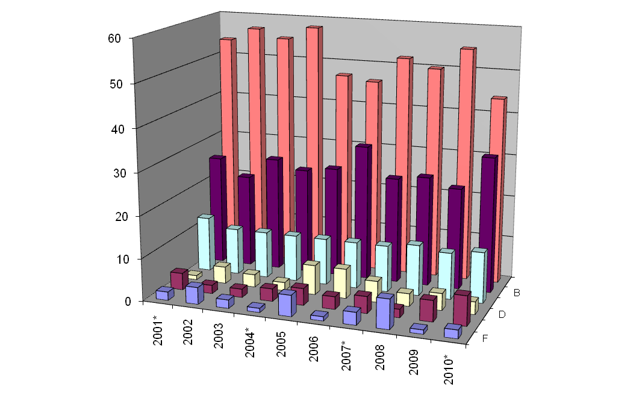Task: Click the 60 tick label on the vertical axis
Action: point(114,38)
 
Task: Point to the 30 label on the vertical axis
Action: point(114,172)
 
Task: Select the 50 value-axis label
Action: point(114,83)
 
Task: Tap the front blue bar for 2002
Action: point(193,294)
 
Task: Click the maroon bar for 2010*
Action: point(461,309)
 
